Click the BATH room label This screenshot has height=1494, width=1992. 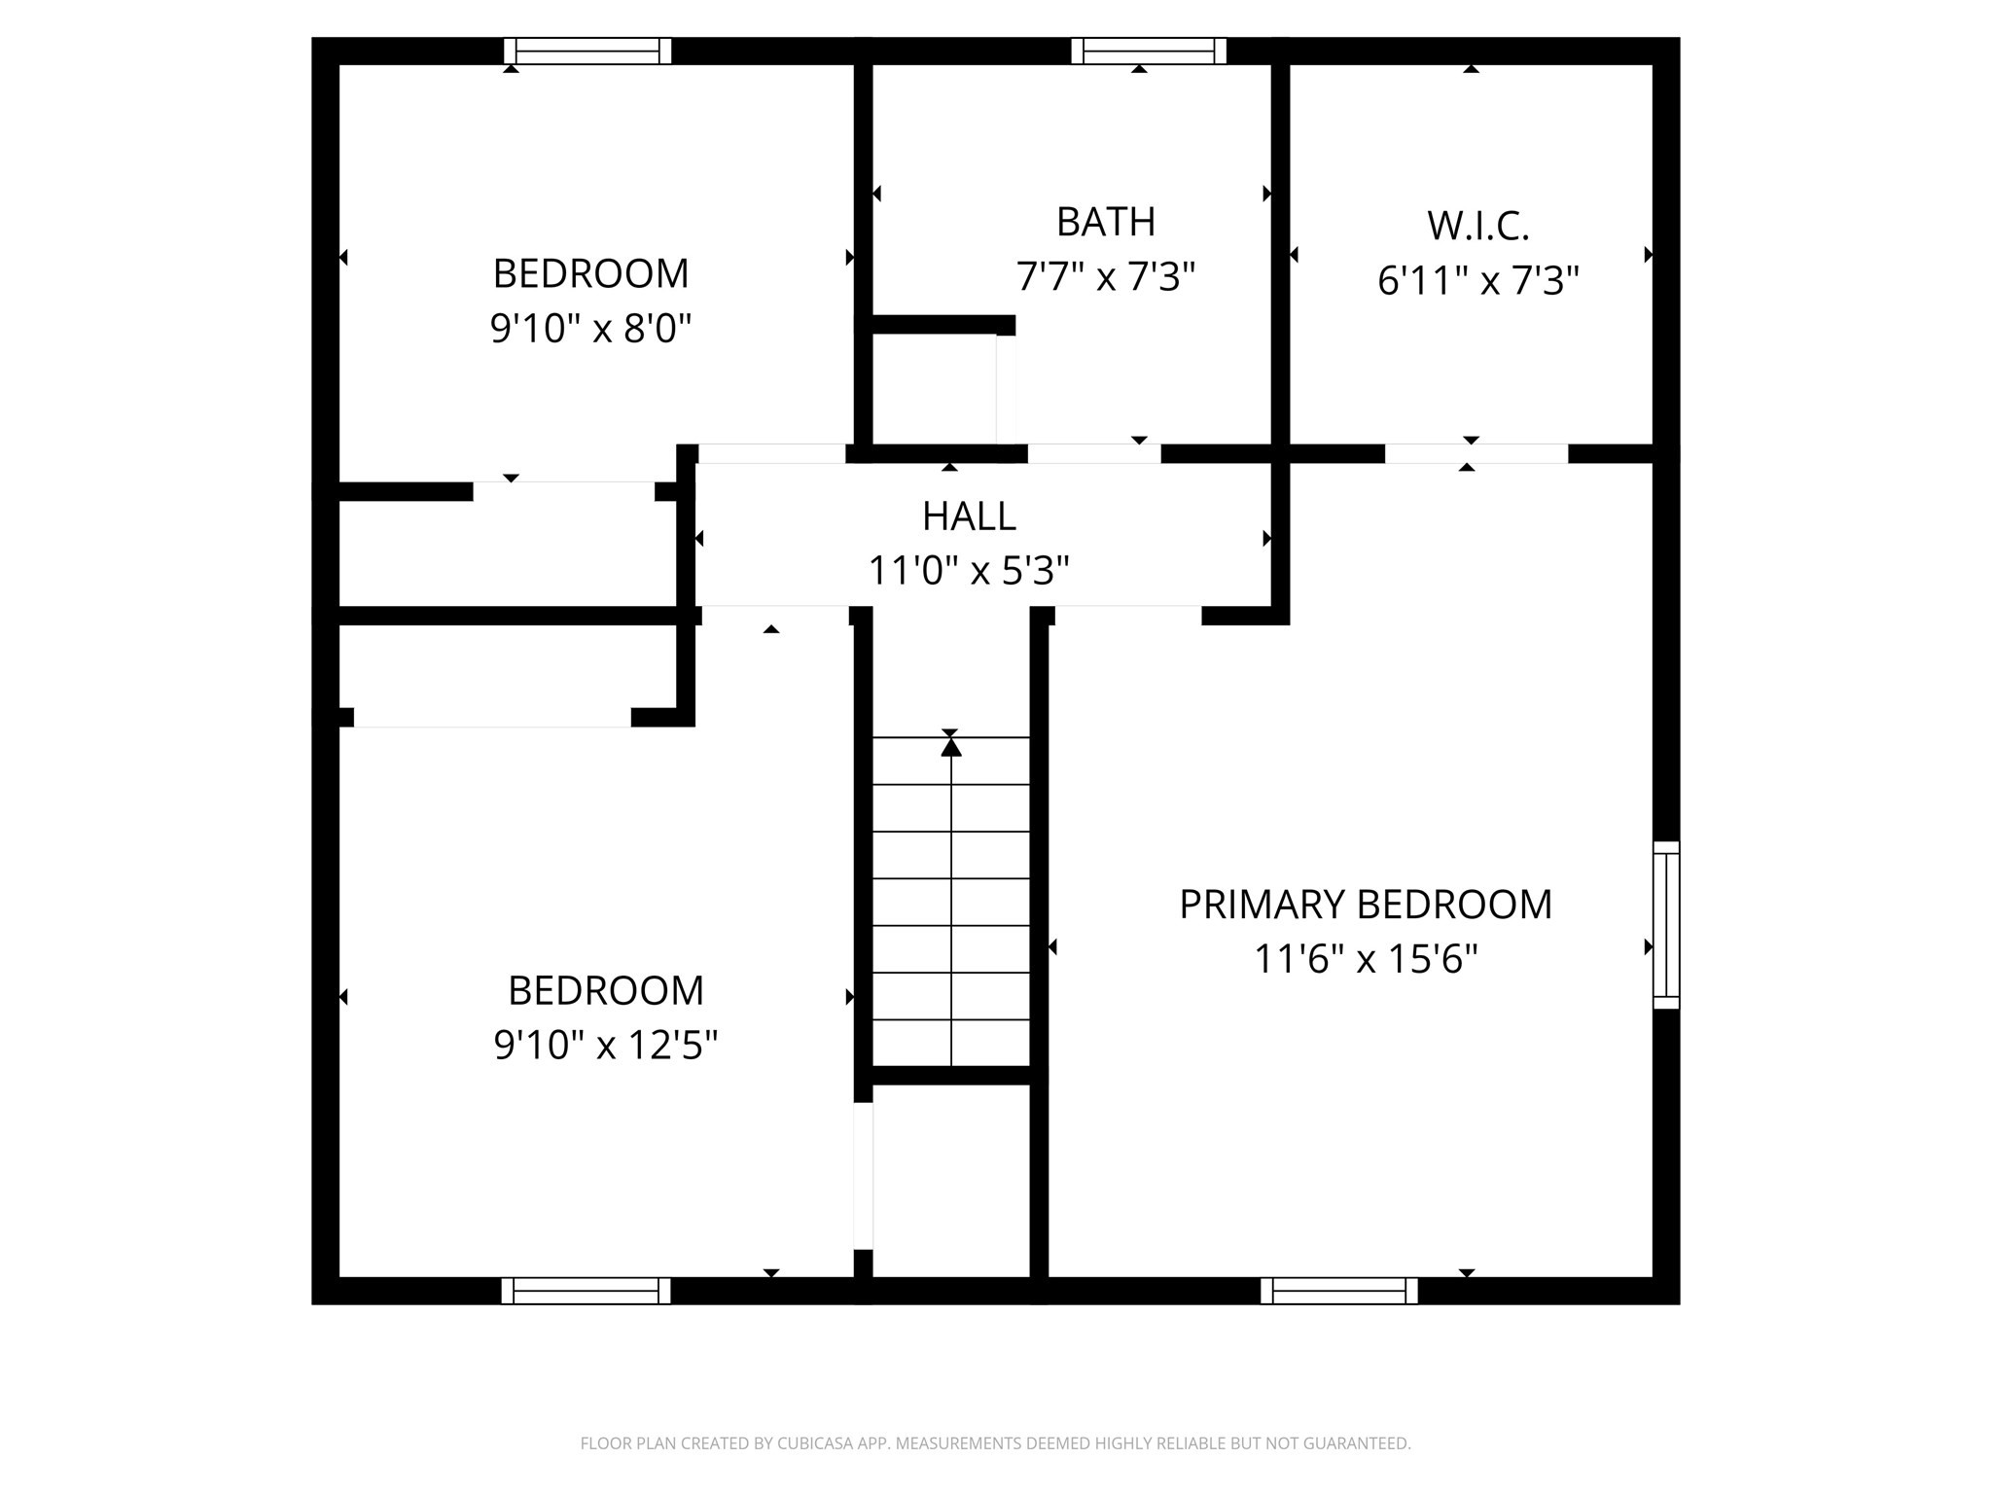(1105, 222)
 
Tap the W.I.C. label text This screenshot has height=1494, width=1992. (1477, 226)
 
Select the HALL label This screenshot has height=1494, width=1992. (969, 516)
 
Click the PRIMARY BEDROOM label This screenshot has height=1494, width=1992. (1365, 905)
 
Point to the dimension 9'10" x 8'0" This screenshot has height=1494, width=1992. (590, 329)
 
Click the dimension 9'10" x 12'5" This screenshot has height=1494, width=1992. (605, 1046)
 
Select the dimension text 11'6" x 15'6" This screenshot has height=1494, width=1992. (1365, 960)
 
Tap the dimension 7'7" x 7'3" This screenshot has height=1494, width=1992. (1105, 277)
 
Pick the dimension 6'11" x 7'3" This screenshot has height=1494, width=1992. (1477, 281)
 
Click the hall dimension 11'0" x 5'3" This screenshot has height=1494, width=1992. (969, 571)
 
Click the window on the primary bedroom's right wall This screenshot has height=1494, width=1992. (1666, 924)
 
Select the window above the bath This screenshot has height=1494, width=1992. (1149, 51)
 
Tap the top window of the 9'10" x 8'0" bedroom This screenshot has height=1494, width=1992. (587, 51)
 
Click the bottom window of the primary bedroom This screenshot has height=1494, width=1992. (1338, 1291)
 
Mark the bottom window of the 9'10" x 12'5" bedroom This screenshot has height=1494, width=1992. (586, 1291)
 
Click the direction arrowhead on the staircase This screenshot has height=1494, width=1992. (950, 747)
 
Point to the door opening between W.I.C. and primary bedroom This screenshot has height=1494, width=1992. (1476, 453)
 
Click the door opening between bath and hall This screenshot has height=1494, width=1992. (1094, 453)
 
